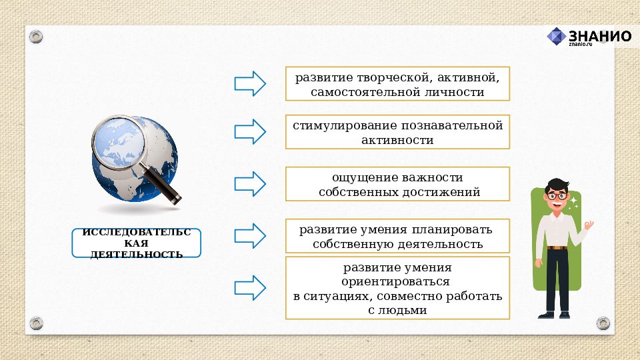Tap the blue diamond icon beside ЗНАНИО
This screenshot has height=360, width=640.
coord(557,36)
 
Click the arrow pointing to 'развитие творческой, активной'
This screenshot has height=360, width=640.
coord(250,83)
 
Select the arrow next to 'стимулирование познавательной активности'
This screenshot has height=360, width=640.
coord(250,131)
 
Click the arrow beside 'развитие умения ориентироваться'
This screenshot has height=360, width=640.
coord(250,287)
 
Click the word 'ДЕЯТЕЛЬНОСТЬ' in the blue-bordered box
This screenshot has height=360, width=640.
coord(136,254)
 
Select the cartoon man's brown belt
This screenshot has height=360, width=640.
coord(557,248)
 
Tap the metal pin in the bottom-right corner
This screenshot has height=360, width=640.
coord(603,323)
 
